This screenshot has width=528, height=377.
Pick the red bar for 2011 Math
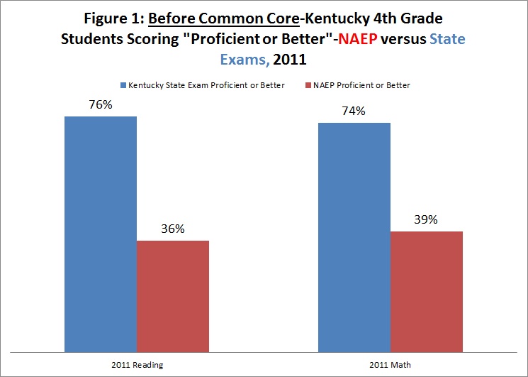point(427,290)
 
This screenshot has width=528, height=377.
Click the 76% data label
point(100,104)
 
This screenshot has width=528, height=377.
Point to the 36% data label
point(172,229)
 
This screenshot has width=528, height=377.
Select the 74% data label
point(354,111)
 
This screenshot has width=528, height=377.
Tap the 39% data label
point(426,219)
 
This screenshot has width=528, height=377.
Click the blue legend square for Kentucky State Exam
point(125,86)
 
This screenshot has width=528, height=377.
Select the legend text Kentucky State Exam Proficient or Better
point(208,86)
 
